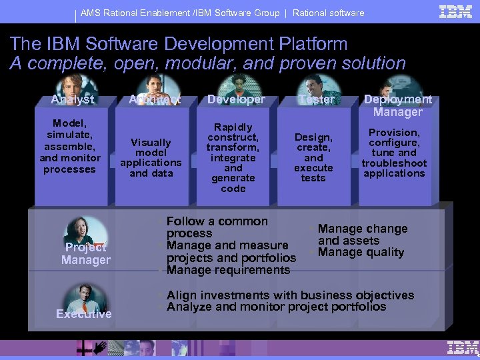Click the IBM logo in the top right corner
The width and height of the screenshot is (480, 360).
tap(455, 11)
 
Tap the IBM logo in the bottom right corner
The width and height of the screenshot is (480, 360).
tap(463, 347)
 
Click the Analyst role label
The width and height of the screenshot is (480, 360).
tap(73, 100)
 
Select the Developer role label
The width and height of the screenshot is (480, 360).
tap(236, 99)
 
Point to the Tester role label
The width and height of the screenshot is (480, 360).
tap(317, 99)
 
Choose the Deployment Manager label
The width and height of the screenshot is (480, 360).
tap(397, 105)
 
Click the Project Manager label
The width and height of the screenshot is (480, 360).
tap(85, 254)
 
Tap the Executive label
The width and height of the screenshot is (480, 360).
tap(84, 314)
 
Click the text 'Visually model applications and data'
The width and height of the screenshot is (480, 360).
tap(151, 158)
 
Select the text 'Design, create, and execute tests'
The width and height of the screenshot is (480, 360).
tap(313, 157)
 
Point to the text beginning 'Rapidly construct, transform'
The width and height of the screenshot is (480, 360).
tap(233, 158)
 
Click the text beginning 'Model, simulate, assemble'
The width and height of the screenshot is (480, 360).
tap(70, 146)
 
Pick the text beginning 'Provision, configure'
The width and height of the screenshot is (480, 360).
tap(394, 153)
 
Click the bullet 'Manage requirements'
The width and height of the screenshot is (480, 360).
tap(229, 270)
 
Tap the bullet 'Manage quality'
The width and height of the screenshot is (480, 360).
tap(361, 252)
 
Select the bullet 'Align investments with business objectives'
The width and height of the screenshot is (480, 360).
tap(290, 295)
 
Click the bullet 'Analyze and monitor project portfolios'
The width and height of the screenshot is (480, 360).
tap(276, 307)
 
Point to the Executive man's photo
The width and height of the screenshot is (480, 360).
tap(84, 297)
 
